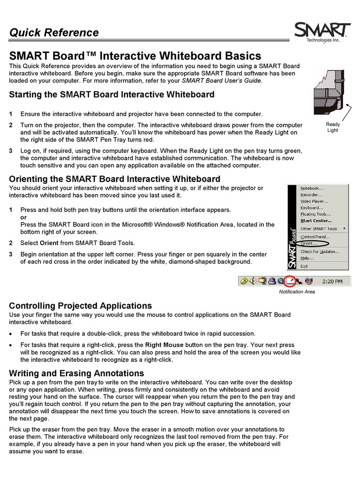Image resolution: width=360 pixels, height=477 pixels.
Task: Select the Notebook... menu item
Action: [312, 188]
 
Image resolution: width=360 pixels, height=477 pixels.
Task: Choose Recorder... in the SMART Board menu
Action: [311, 194]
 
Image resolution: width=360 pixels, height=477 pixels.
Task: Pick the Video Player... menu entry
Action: [315, 201]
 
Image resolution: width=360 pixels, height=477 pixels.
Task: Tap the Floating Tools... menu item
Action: [315, 214]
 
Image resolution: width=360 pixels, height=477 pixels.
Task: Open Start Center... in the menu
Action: [316, 220]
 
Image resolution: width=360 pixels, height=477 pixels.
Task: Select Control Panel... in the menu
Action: [315, 237]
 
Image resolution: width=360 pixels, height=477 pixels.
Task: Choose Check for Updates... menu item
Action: [319, 251]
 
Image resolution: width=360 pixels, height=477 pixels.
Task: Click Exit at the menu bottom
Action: [304, 266]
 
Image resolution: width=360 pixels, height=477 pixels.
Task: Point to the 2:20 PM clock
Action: [332, 281]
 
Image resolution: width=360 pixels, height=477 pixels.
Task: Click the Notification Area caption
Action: [297, 292]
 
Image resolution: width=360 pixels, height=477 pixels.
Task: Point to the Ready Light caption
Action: [332, 127]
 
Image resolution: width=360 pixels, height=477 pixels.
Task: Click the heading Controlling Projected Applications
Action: [81, 306]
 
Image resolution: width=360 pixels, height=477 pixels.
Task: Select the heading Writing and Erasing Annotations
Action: [77, 373]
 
